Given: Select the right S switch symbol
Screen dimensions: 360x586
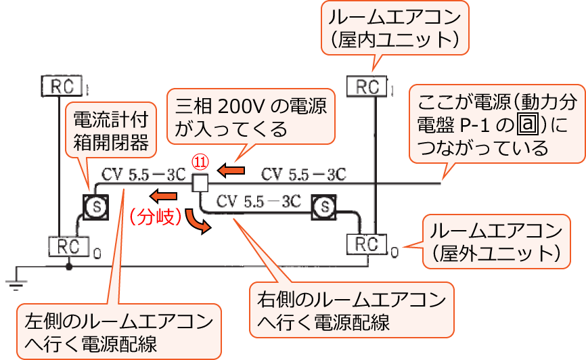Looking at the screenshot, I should pos(325,205).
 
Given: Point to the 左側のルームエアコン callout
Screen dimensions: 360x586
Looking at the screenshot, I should pos(118,331).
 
